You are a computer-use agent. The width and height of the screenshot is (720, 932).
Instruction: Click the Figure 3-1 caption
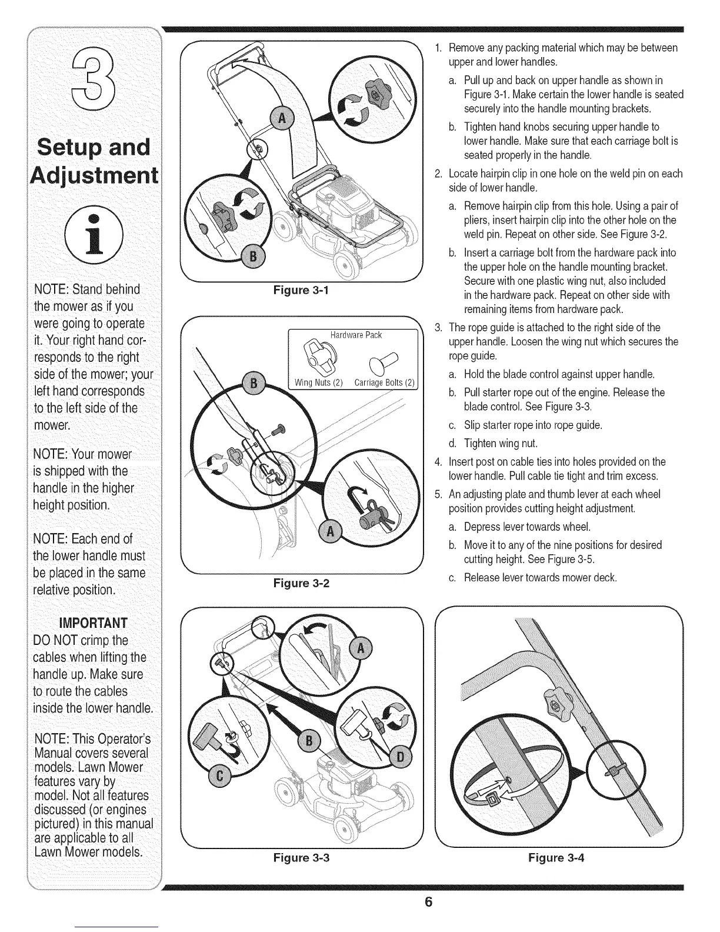pyautogui.click(x=300, y=289)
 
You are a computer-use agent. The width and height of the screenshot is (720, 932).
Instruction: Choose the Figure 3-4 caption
pyautogui.click(x=556, y=857)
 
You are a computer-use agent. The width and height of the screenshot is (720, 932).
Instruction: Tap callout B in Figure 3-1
pyautogui.click(x=254, y=256)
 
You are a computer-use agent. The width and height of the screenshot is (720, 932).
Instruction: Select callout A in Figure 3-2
pyautogui.click(x=330, y=532)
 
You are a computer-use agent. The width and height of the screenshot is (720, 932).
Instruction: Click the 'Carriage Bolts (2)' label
pyautogui.click(x=385, y=384)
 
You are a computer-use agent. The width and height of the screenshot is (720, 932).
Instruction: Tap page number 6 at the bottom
pyautogui.click(x=429, y=902)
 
